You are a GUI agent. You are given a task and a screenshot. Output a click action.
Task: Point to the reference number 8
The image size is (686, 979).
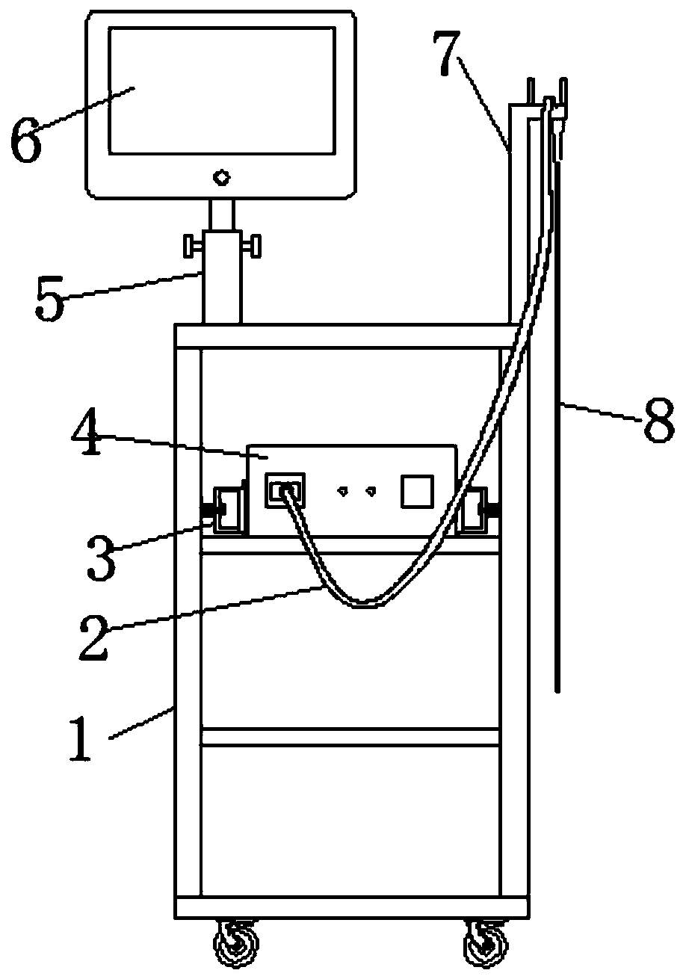click(x=658, y=423)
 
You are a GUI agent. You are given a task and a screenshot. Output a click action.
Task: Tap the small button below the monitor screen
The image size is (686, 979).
click(x=220, y=178)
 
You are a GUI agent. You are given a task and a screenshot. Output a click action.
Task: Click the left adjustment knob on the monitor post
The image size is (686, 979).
click(x=191, y=244)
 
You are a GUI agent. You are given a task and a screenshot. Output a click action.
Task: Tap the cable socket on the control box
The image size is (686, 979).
click(x=284, y=490)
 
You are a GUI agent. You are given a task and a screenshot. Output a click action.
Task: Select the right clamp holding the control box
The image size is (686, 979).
click(x=475, y=511)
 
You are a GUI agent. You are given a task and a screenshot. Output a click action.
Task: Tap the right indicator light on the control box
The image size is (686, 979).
click(x=370, y=491)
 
